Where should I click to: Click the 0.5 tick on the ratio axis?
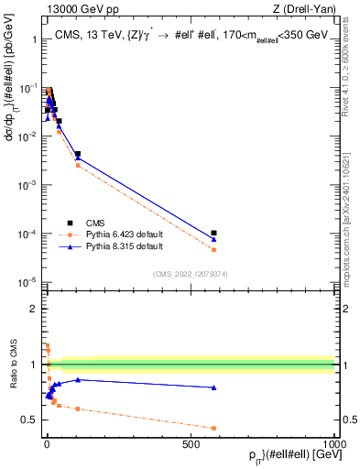[x=34, y=420]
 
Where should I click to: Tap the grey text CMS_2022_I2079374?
[x=191, y=273]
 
